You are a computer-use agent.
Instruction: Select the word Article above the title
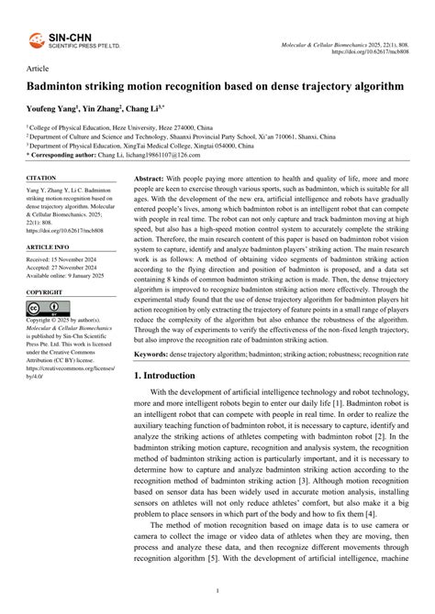(38, 69)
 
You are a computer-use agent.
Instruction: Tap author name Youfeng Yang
(51, 108)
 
